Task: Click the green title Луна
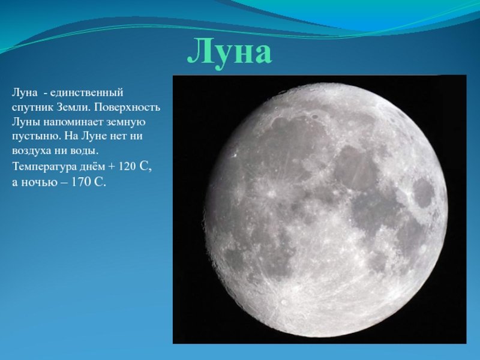click(230, 52)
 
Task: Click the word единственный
click(86, 93)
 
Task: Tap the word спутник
click(33, 108)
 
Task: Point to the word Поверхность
click(127, 107)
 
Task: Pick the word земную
click(126, 122)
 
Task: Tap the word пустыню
click(37, 137)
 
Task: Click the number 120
click(127, 167)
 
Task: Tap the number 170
click(80, 182)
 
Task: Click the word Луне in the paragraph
click(94, 137)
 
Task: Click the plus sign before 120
click(111, 167)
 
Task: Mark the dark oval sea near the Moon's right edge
click(424, 192)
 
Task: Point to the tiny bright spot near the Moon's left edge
click(235, 155)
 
